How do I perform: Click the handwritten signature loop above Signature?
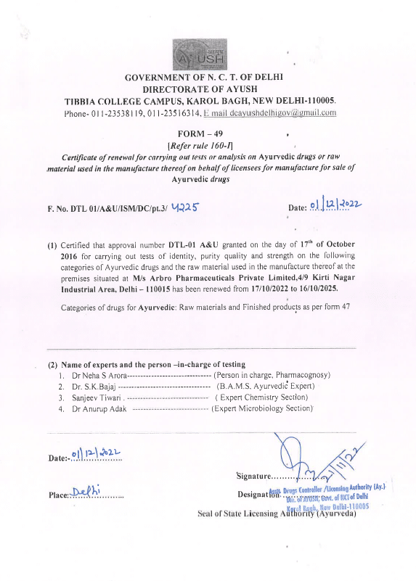[290, 453]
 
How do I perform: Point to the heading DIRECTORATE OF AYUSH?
[203, 88]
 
